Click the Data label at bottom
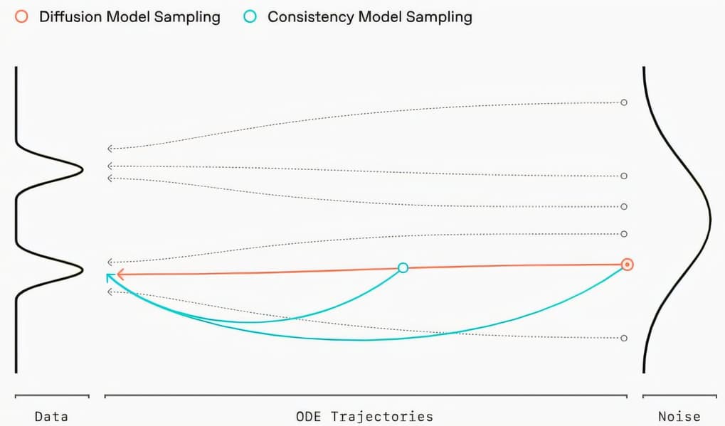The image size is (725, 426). pos(51,417)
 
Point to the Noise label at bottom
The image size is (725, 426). pos(679,417)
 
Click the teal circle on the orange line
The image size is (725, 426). pos(403,267)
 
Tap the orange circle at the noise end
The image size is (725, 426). pos(627,265)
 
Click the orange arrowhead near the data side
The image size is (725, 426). pos(120,274)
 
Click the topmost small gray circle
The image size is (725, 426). pos(624,102)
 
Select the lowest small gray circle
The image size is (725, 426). pos(624,338)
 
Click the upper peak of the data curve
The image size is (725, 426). pos(82,168)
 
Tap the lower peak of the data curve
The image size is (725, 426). pos(82,267)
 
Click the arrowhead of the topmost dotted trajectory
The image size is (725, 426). pos(110,149)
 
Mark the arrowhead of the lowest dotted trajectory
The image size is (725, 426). pos(110,292)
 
